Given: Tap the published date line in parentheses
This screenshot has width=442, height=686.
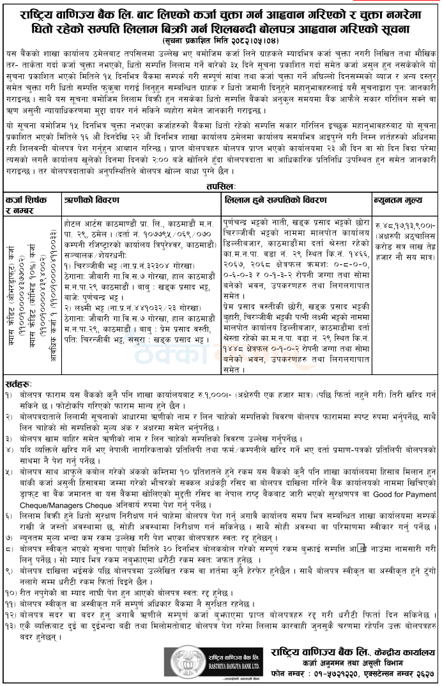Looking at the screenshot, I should coord(220,40).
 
